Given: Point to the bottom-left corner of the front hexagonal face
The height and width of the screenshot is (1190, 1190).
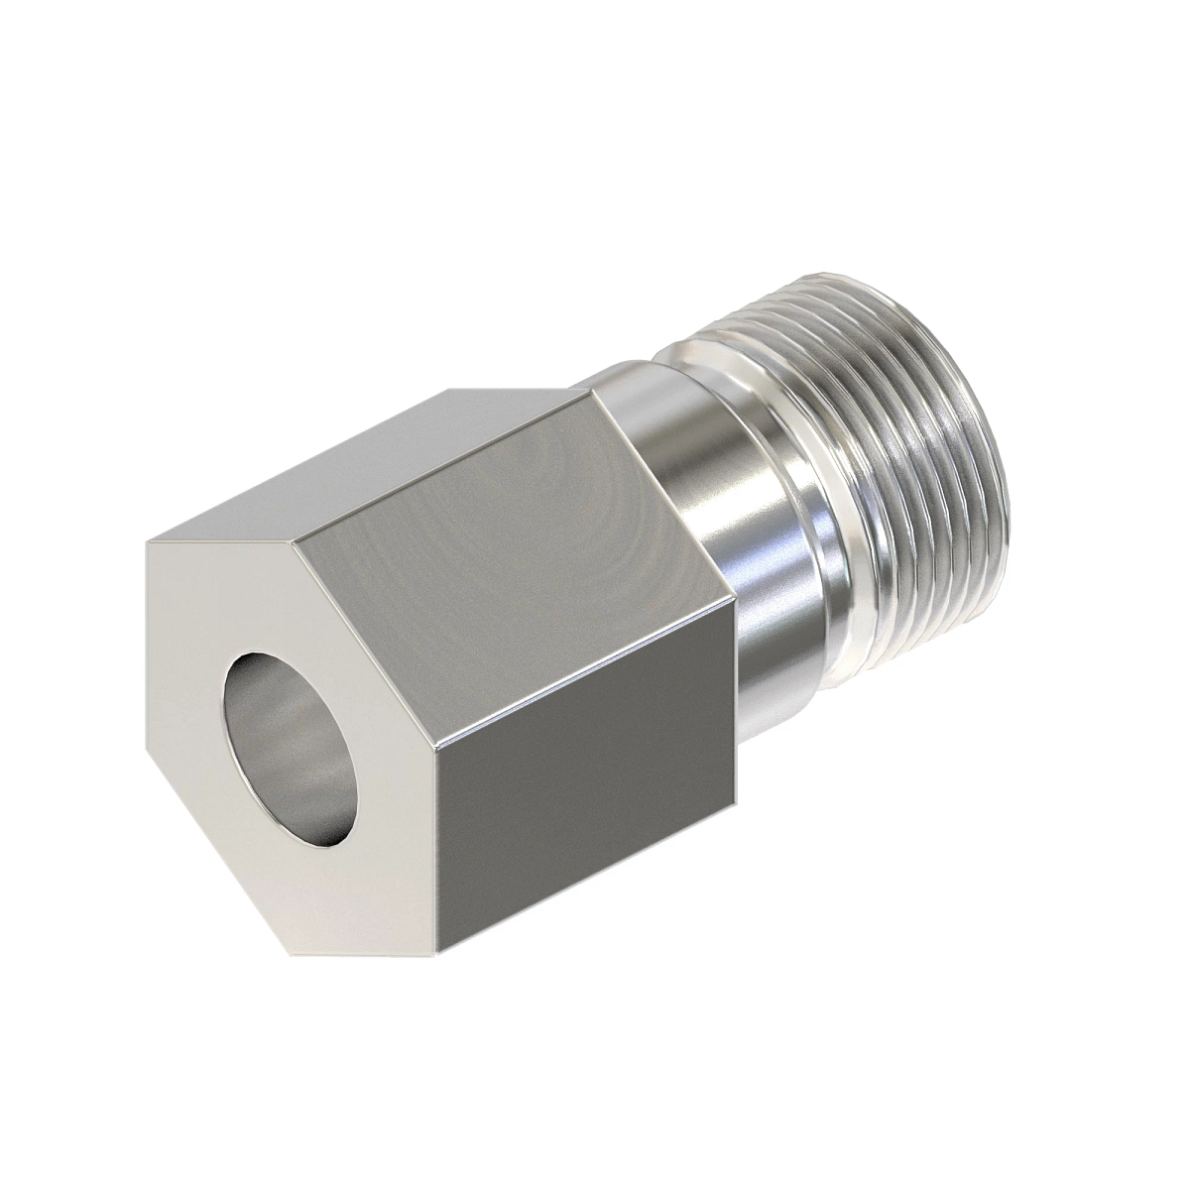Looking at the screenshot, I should [x=296, y=955].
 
